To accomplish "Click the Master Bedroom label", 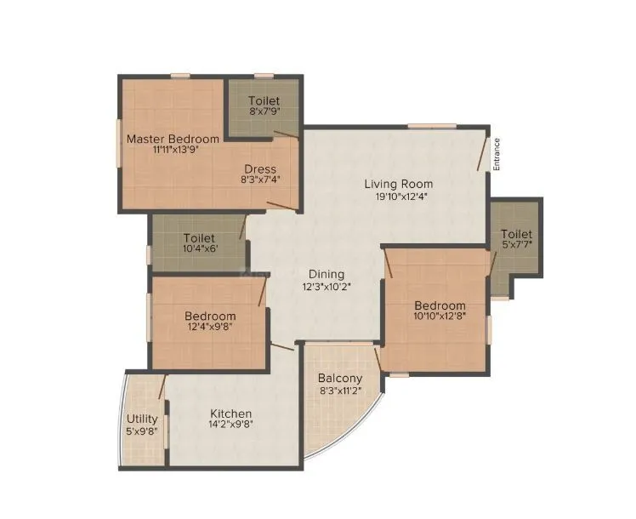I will (x=173, y=139).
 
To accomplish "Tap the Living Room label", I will (x=398, y=184).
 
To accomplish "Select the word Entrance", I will (x=497, y=155).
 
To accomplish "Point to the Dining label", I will (x=327, y=274).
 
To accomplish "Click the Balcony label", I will (x=340, y=379).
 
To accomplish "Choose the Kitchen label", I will (x=231, y=414).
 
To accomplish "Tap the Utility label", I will (x=142, y=419).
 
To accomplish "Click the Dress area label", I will (x=260, y=168).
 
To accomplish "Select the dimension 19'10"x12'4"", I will (x=398, y=197).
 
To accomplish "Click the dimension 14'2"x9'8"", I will (x=231, y=425).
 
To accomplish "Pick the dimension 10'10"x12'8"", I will (x=440, y=317).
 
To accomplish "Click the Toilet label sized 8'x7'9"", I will (x=264, y=101).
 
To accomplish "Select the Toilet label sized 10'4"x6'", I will (x=199, y=238).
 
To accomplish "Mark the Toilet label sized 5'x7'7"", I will (x=516, y=234).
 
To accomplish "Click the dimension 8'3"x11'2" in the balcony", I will (x=341, y=391).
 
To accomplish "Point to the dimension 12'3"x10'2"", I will (x=327, y=286).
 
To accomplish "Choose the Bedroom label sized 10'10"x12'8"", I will (x=440, y=306).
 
